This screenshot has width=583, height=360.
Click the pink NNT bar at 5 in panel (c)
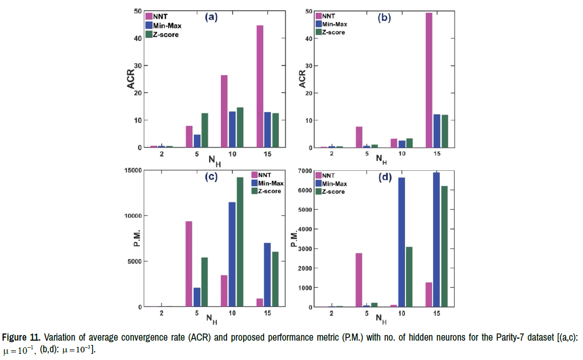coord(189,264)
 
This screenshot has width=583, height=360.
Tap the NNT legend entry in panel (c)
coord(264,174)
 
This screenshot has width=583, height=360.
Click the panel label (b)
coord(384,18)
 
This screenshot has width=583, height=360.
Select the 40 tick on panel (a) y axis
coord(138,38)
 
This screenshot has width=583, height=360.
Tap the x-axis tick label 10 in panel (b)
coord(402,153)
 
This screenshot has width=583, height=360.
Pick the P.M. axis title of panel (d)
coord(294,238)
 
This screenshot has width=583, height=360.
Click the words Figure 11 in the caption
coord(20,339)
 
